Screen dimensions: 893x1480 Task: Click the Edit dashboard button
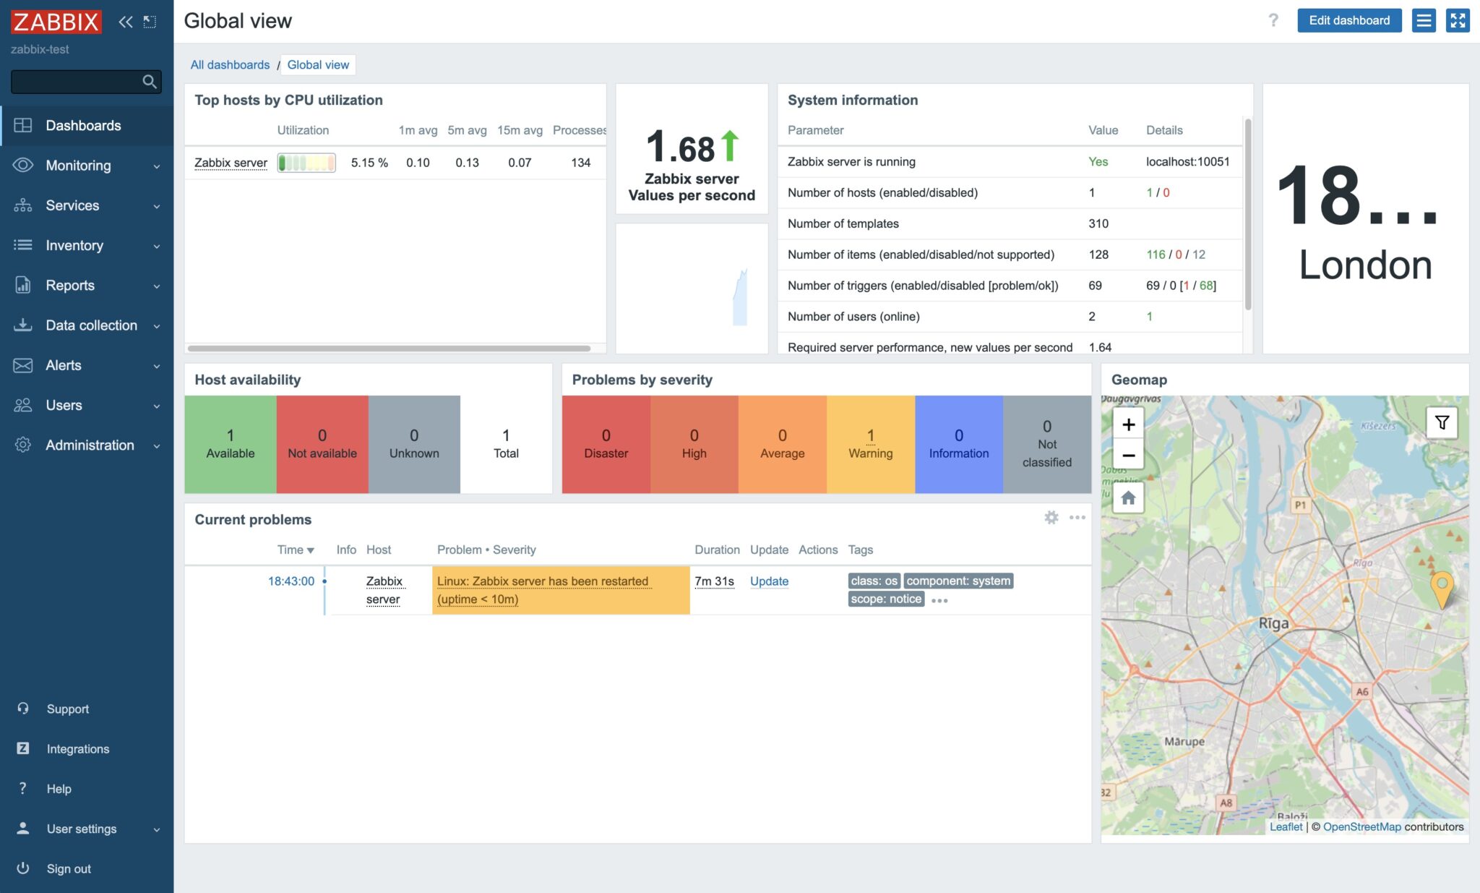point(1348,20)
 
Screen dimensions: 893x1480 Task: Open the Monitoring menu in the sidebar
point(78,166)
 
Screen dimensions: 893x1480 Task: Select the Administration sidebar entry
point(90,445)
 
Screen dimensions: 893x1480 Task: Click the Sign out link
point(69,868)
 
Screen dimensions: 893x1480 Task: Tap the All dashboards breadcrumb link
point(230,65)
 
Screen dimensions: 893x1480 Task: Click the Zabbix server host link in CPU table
point(231,163)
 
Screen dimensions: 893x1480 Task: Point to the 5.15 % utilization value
point(369,163)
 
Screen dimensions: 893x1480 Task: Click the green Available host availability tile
point(230,444)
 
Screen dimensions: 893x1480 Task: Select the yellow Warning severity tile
point(870,444)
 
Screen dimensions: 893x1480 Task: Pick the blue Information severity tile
point(958,444)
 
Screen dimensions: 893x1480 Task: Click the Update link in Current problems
point(769,581)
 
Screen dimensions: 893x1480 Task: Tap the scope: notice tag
point(886,599)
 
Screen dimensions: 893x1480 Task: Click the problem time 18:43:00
point(291,581)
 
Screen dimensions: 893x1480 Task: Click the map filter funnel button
point(1442,423)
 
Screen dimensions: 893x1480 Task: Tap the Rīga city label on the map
point(1273,623)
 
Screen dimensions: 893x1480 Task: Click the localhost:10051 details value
point(1187,162)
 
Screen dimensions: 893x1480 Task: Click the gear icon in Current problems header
point(1051,518)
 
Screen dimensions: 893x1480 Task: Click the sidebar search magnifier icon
point(150,82)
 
